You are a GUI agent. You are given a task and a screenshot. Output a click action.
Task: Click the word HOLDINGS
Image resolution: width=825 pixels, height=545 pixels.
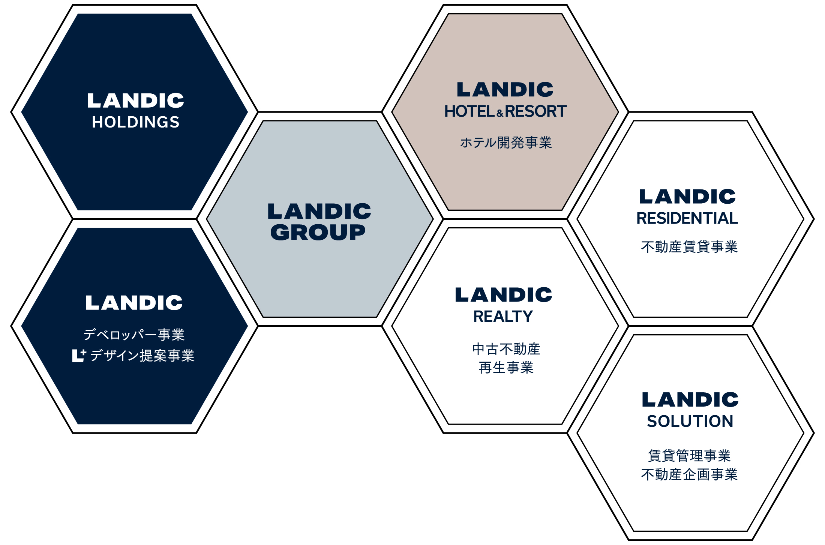136,122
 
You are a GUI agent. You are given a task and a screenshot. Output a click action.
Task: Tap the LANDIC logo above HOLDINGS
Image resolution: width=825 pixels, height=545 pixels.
136,101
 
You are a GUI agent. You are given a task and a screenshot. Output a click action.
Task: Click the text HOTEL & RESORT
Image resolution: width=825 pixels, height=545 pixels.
505,111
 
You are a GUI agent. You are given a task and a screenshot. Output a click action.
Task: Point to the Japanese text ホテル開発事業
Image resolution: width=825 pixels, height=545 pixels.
506,143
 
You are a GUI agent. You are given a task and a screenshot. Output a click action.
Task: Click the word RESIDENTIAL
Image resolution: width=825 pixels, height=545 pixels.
687,218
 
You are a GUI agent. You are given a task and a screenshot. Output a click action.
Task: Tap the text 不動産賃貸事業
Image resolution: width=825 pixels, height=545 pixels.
689,247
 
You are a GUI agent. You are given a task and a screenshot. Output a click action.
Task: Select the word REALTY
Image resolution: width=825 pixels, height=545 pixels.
503,317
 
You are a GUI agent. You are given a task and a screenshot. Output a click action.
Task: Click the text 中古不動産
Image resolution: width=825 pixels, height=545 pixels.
506,349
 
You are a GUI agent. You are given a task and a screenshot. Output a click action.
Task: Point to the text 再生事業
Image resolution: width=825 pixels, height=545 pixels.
506,368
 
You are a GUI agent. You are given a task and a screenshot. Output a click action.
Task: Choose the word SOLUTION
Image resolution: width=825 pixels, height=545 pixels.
690,421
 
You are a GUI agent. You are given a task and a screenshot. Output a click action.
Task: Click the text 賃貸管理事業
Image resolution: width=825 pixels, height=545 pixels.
689,456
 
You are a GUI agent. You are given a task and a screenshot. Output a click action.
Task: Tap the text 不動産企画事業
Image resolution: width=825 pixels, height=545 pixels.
689,474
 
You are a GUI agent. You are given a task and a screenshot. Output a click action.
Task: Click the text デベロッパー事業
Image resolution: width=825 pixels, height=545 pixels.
134,335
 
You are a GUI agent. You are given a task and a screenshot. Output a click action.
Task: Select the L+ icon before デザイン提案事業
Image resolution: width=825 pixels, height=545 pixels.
79,355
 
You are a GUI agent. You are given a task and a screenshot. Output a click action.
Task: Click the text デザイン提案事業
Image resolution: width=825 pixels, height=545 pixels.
142,355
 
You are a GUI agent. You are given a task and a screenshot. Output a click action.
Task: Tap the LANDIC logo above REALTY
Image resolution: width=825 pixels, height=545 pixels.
504,295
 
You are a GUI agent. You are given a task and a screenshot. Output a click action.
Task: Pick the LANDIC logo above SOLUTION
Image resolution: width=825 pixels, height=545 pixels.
690,399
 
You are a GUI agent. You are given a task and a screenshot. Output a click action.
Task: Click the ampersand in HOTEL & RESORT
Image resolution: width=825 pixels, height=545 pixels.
500,113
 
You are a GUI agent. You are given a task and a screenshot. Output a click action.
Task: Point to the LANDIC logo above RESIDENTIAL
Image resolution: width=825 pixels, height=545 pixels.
687,197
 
